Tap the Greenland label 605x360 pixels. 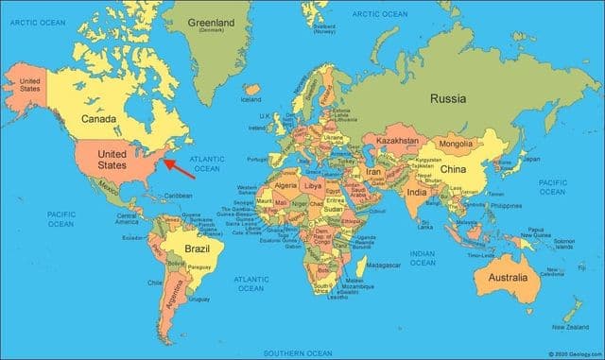[212, 21]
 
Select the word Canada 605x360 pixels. [98, 119]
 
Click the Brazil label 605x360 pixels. [197, 249]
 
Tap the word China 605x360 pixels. [454, 169]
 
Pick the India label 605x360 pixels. [416, 192]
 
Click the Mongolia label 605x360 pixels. [456, 144]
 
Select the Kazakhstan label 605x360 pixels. [397, 140]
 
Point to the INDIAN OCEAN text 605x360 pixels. [423, 258]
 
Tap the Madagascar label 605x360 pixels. [382, 265]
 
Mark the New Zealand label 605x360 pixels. [571, 327]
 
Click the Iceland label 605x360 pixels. [251, 98]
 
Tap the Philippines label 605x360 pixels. [507, 204]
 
